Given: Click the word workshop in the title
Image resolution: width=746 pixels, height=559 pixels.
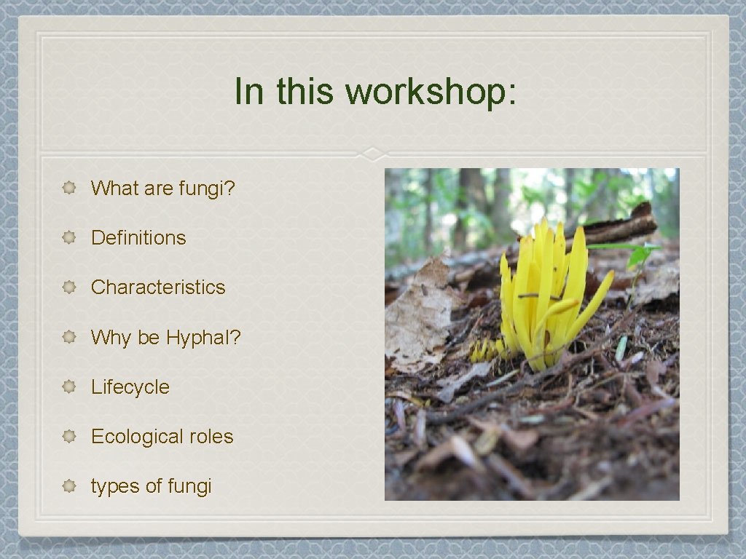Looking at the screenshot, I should coord(431,92).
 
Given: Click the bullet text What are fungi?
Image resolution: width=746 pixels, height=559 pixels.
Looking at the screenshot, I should coord(163,189).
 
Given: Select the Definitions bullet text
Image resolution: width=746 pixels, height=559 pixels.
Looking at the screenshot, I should coord(138,238).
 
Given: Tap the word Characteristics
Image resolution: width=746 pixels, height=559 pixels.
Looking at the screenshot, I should coord(158,288).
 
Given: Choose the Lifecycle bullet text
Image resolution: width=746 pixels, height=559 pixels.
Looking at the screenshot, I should coord(130,387).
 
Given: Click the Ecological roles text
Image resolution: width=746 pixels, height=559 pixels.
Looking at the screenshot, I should coord(162,437).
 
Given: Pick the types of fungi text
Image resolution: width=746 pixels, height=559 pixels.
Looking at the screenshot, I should coord(151,486).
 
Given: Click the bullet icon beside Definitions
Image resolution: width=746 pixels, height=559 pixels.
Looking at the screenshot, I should coord(69,238).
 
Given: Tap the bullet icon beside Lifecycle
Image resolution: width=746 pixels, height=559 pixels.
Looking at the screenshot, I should coord(69,387).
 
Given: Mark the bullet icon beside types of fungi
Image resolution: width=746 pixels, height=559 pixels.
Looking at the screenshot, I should coord(69,486).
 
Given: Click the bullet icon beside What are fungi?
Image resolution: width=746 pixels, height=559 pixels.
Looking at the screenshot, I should coord(69,189).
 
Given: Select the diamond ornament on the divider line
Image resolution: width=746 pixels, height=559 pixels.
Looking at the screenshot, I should coord(373,154).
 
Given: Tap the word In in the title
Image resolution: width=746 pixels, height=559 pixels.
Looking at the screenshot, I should coord(248,92).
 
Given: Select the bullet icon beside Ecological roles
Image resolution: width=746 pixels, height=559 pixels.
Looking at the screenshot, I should coord(69,437).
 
